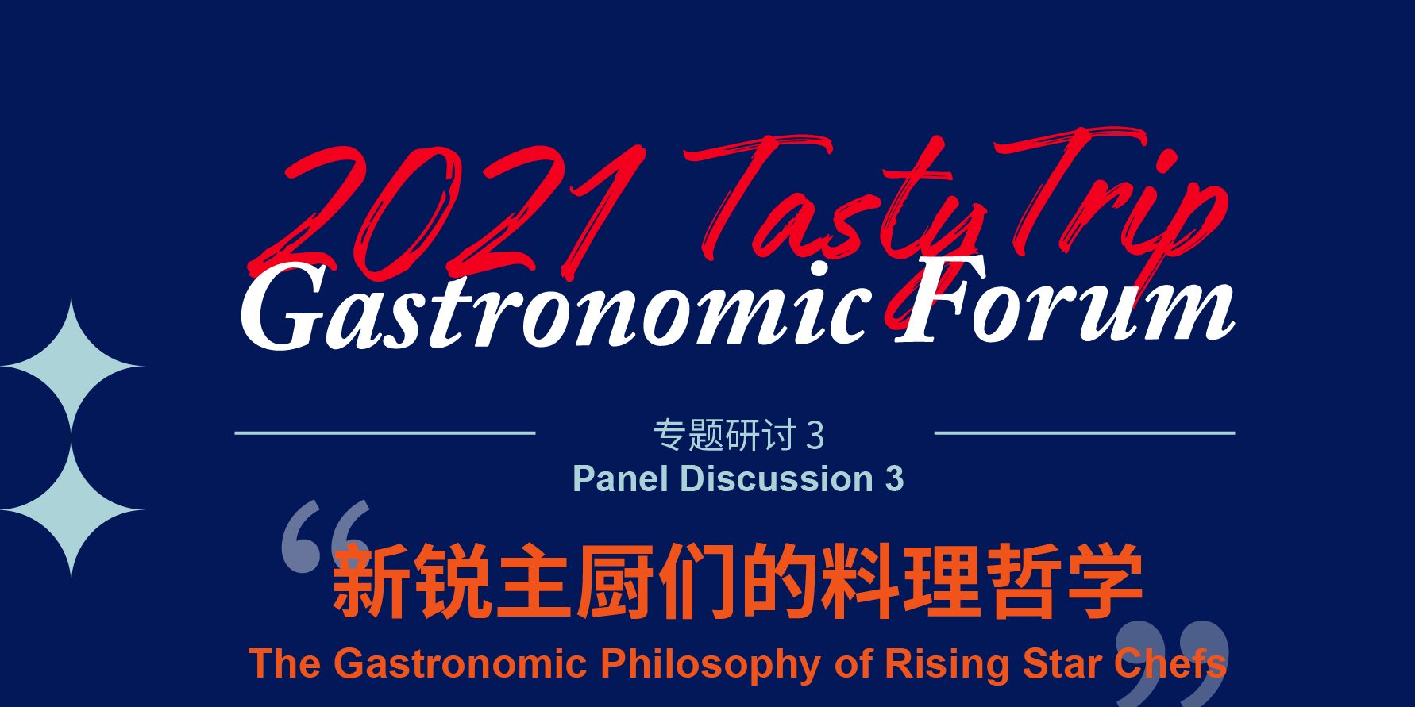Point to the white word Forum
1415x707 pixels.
pos(1065,301)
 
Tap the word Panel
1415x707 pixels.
pos(620,478)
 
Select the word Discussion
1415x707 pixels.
pos(777,478)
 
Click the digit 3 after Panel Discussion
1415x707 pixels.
pos(894,479)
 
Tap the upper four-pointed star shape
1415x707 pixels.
pos(71,367)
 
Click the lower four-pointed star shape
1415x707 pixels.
pos(71,510)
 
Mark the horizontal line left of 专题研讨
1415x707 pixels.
pos(385,432)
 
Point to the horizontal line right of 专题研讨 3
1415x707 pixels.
pos(1085,432)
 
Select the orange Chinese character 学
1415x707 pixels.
pos(1105,581)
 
